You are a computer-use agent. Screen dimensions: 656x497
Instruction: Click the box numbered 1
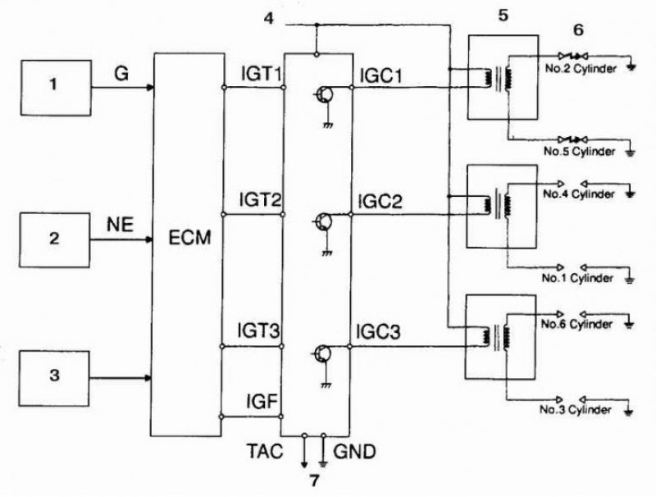56,88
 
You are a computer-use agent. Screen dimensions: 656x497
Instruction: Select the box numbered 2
54,239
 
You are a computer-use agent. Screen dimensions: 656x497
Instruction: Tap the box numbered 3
54,379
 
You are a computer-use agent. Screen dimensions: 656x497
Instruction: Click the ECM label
189,238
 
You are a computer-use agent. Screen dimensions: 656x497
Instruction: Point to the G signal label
121,74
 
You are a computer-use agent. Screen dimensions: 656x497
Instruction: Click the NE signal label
120,225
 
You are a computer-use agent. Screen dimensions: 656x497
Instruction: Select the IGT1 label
262,74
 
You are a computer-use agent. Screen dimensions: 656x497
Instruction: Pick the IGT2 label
260,200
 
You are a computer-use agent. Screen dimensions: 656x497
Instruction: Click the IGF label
262,402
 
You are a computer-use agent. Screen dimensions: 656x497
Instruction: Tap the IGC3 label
378,331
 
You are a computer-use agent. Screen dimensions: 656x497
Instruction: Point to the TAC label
265,451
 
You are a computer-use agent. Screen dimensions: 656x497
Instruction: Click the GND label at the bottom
355,451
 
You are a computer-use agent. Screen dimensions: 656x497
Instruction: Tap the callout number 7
314,481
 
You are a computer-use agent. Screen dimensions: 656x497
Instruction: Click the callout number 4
269,18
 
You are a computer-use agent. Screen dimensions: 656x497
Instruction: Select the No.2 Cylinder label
581,69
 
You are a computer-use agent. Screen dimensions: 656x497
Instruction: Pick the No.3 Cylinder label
576,409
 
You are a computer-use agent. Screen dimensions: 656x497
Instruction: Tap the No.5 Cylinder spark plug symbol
573,139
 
